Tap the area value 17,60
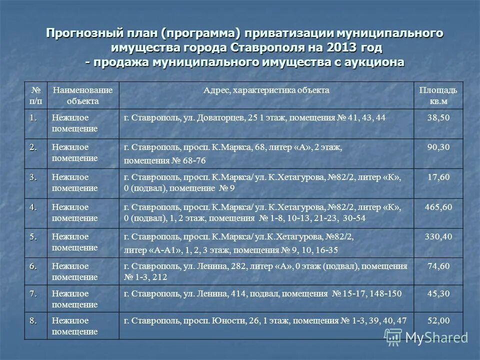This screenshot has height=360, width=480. [x=438, y=177]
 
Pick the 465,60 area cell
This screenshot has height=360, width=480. [x=438, y=206]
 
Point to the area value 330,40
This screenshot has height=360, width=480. [x=438, y=236]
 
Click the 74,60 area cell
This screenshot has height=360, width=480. [x=438, y=266]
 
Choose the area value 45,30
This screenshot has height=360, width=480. [x=438, y=293]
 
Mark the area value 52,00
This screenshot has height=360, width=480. [x=438, y=320]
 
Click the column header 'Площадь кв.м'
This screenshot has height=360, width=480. [x=438, y=95]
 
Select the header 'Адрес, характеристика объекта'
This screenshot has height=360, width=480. [x=266, y=90]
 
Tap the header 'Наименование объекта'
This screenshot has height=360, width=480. [x=83, y=95]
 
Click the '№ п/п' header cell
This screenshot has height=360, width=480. [x=35, y=95]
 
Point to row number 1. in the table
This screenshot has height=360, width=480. [x=33, y=117]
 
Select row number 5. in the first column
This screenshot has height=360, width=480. [x=33, y=237]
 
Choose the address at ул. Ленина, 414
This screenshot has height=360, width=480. [x=262, y=293]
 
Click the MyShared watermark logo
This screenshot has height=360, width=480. [x=429, y=337]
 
